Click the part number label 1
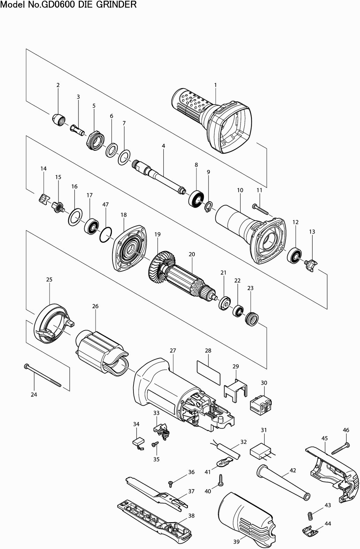point(215,85)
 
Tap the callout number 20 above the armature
point(192,254)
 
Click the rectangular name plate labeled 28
point(208,372)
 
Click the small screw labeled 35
point(155,444)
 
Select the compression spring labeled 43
point(308,515)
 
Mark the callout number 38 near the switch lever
point(191,516)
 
